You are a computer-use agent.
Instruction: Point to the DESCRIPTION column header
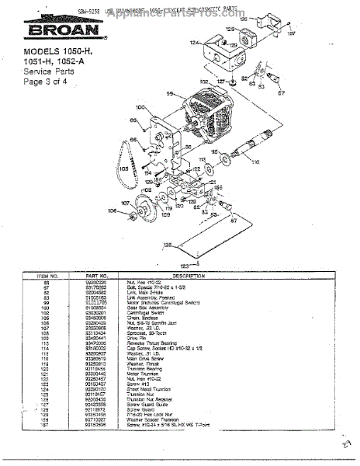click(188, 275)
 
